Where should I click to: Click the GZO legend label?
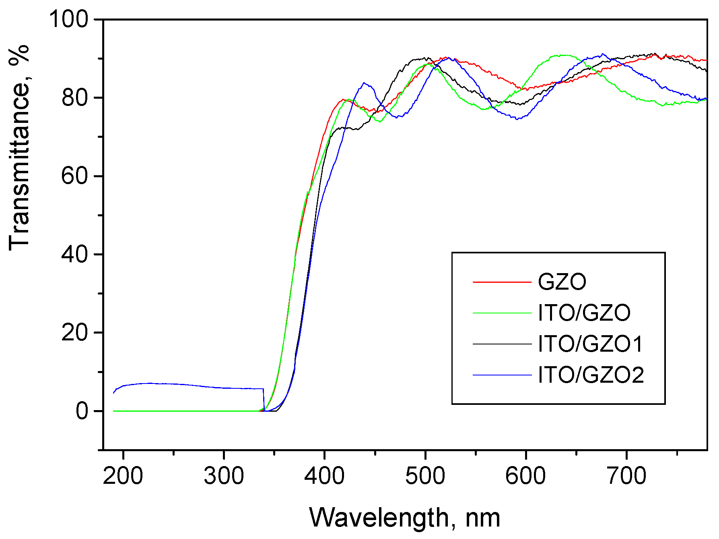click(x=562, y=282)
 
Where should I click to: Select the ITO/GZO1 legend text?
click(x=590, y=344)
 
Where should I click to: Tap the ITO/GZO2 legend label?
click(x=591, y=375)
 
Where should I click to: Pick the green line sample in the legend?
click(x=502, y=313)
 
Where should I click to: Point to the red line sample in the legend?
click(x=502, y=282)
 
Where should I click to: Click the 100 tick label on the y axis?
click(x=68, y=19)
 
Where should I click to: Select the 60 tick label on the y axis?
click(x=74, y=176)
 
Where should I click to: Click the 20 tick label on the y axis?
click(x=74, y=333)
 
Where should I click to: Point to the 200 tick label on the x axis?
click(x=123, y=476)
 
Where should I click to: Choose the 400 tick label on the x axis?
click(x=324, y=476)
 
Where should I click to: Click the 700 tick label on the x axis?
click(x=626, y=476)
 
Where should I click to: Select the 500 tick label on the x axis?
click(x=425, y=476)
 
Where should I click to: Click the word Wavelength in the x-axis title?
click(x=379, y=518)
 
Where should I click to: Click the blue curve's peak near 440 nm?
click(x=364, y=83)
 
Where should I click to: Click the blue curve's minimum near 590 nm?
click(x=518, y=119)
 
